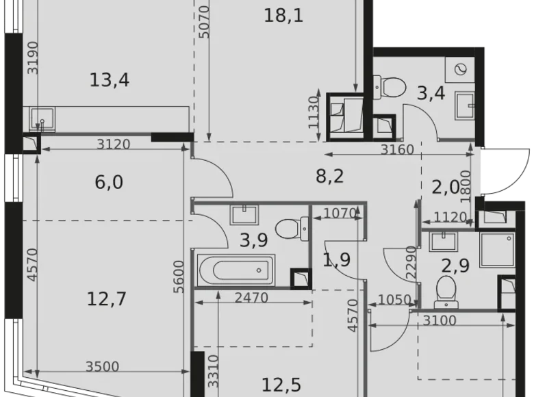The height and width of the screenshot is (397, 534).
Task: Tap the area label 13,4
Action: (110, 81)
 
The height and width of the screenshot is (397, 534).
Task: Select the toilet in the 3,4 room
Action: (392, 87)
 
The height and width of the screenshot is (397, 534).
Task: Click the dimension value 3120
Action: (114, 144)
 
